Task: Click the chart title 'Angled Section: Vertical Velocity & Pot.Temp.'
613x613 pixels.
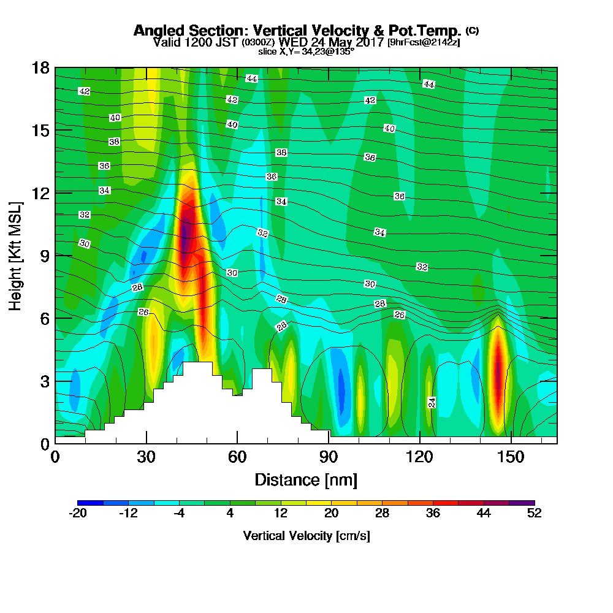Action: point(297,31)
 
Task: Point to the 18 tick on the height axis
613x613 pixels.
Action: point(41,68)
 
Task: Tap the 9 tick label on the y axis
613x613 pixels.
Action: point(45,256)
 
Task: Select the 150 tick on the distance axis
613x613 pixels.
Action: point(511,457)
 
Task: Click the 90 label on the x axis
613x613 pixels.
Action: point(329,457)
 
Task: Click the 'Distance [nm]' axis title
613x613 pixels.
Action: point(306,480)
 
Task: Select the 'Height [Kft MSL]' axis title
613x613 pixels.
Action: point(15,256)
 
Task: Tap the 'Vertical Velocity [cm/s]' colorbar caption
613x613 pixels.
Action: point(306,536)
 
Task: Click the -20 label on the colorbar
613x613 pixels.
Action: point(78,513)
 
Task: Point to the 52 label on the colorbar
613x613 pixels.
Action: point(535,513)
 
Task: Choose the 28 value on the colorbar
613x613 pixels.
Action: point(382,513)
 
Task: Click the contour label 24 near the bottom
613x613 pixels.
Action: point(432,403)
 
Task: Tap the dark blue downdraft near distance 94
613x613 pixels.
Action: point(341,389)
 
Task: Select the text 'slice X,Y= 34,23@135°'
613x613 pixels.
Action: point(306,51)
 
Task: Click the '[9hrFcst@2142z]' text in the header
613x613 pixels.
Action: point(424,42)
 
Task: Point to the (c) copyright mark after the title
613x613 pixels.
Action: point(472,31)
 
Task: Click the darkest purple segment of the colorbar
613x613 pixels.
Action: point(522,503)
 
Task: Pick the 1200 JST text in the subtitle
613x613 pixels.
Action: point(210,42)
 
